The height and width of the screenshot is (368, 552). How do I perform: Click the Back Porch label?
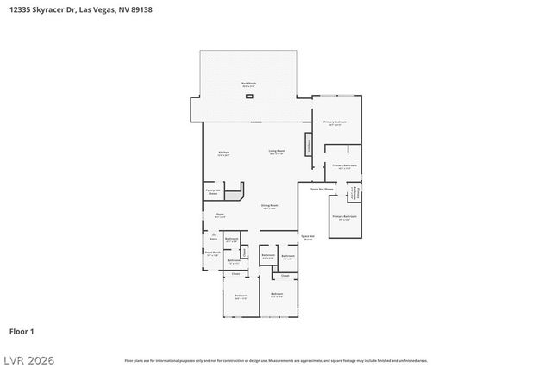[x=248, y=84]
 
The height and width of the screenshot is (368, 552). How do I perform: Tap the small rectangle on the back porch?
[x=249, y=97]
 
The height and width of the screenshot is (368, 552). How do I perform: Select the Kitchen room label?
[x=223, y=153]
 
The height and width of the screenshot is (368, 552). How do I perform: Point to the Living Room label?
[x=276, y=153]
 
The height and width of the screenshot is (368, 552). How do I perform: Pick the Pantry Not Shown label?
[x=212, y=192]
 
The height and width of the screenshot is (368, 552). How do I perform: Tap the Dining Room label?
[x=269, y=207]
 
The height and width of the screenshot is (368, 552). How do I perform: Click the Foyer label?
[x=220, y=215]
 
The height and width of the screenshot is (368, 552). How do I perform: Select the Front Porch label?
[x=211, y=254]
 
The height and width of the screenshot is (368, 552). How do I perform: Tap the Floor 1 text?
[x=22, y=330]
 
